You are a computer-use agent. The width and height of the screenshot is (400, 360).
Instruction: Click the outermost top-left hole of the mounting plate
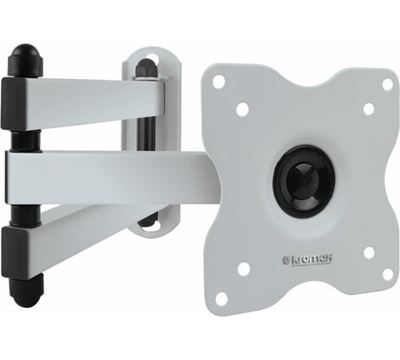(219, 81)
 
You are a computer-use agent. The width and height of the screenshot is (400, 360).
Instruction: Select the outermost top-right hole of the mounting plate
(388, 84)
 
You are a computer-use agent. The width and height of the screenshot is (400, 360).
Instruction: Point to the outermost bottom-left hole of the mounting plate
(221, 298)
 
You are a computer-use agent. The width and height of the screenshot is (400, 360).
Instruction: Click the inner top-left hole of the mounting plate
(243, 109)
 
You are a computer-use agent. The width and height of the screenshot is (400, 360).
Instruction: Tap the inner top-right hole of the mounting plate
(369, 108)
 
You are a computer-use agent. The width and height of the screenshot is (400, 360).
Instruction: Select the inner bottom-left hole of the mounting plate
(244, 269)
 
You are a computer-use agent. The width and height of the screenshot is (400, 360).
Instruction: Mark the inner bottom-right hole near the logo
(369, 252)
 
